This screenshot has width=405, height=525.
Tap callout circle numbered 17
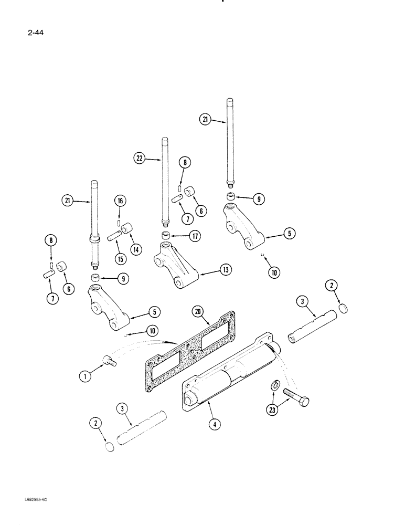195,237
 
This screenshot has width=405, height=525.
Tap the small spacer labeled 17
167,234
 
